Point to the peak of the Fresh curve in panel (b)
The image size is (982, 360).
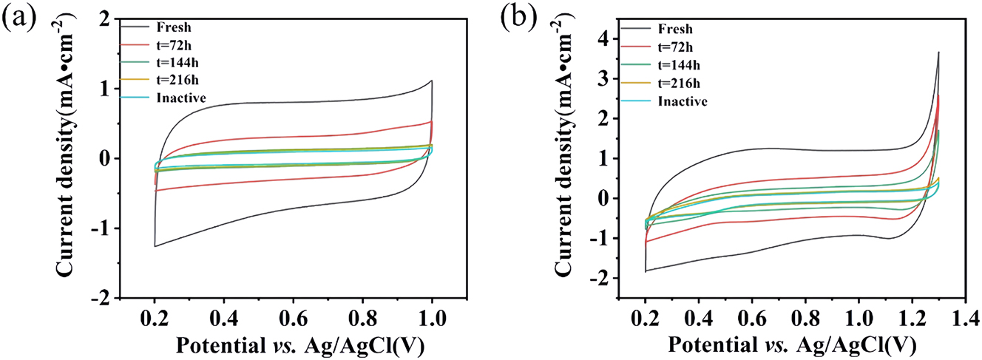click(959, 52)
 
